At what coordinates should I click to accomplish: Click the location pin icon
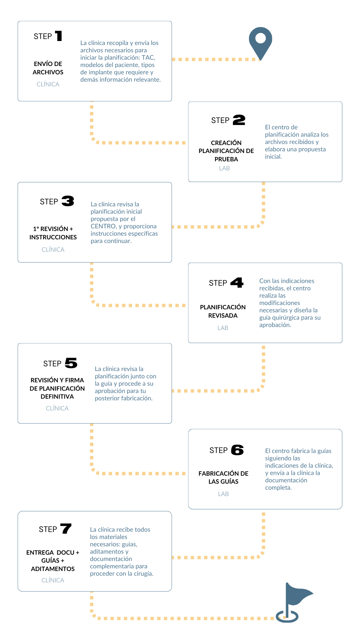(260, 42)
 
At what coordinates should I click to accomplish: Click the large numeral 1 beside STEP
(59, 36)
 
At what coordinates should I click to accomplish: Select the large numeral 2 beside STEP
(239, 120)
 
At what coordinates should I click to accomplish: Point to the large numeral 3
(68, 201)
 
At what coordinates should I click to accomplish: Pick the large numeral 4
(237, 283)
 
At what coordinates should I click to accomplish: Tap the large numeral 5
(71, 363)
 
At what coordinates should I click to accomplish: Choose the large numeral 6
(237, 450)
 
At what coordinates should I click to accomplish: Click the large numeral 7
(66, 529)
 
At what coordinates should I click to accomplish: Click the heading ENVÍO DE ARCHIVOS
(48, 68)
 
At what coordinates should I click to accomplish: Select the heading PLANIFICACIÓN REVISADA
(223, 311)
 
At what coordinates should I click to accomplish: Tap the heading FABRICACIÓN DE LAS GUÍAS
(223, 477)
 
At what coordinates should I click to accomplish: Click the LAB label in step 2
(224, 168)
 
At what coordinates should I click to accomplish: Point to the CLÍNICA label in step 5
(57, 408)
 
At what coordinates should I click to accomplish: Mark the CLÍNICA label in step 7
(53, 580)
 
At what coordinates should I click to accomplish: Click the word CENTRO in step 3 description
(103, 226)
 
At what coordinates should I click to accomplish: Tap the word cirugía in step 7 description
(143, 574)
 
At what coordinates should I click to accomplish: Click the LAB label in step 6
(223, 494)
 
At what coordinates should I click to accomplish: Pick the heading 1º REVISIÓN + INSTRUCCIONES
(53, 233)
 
